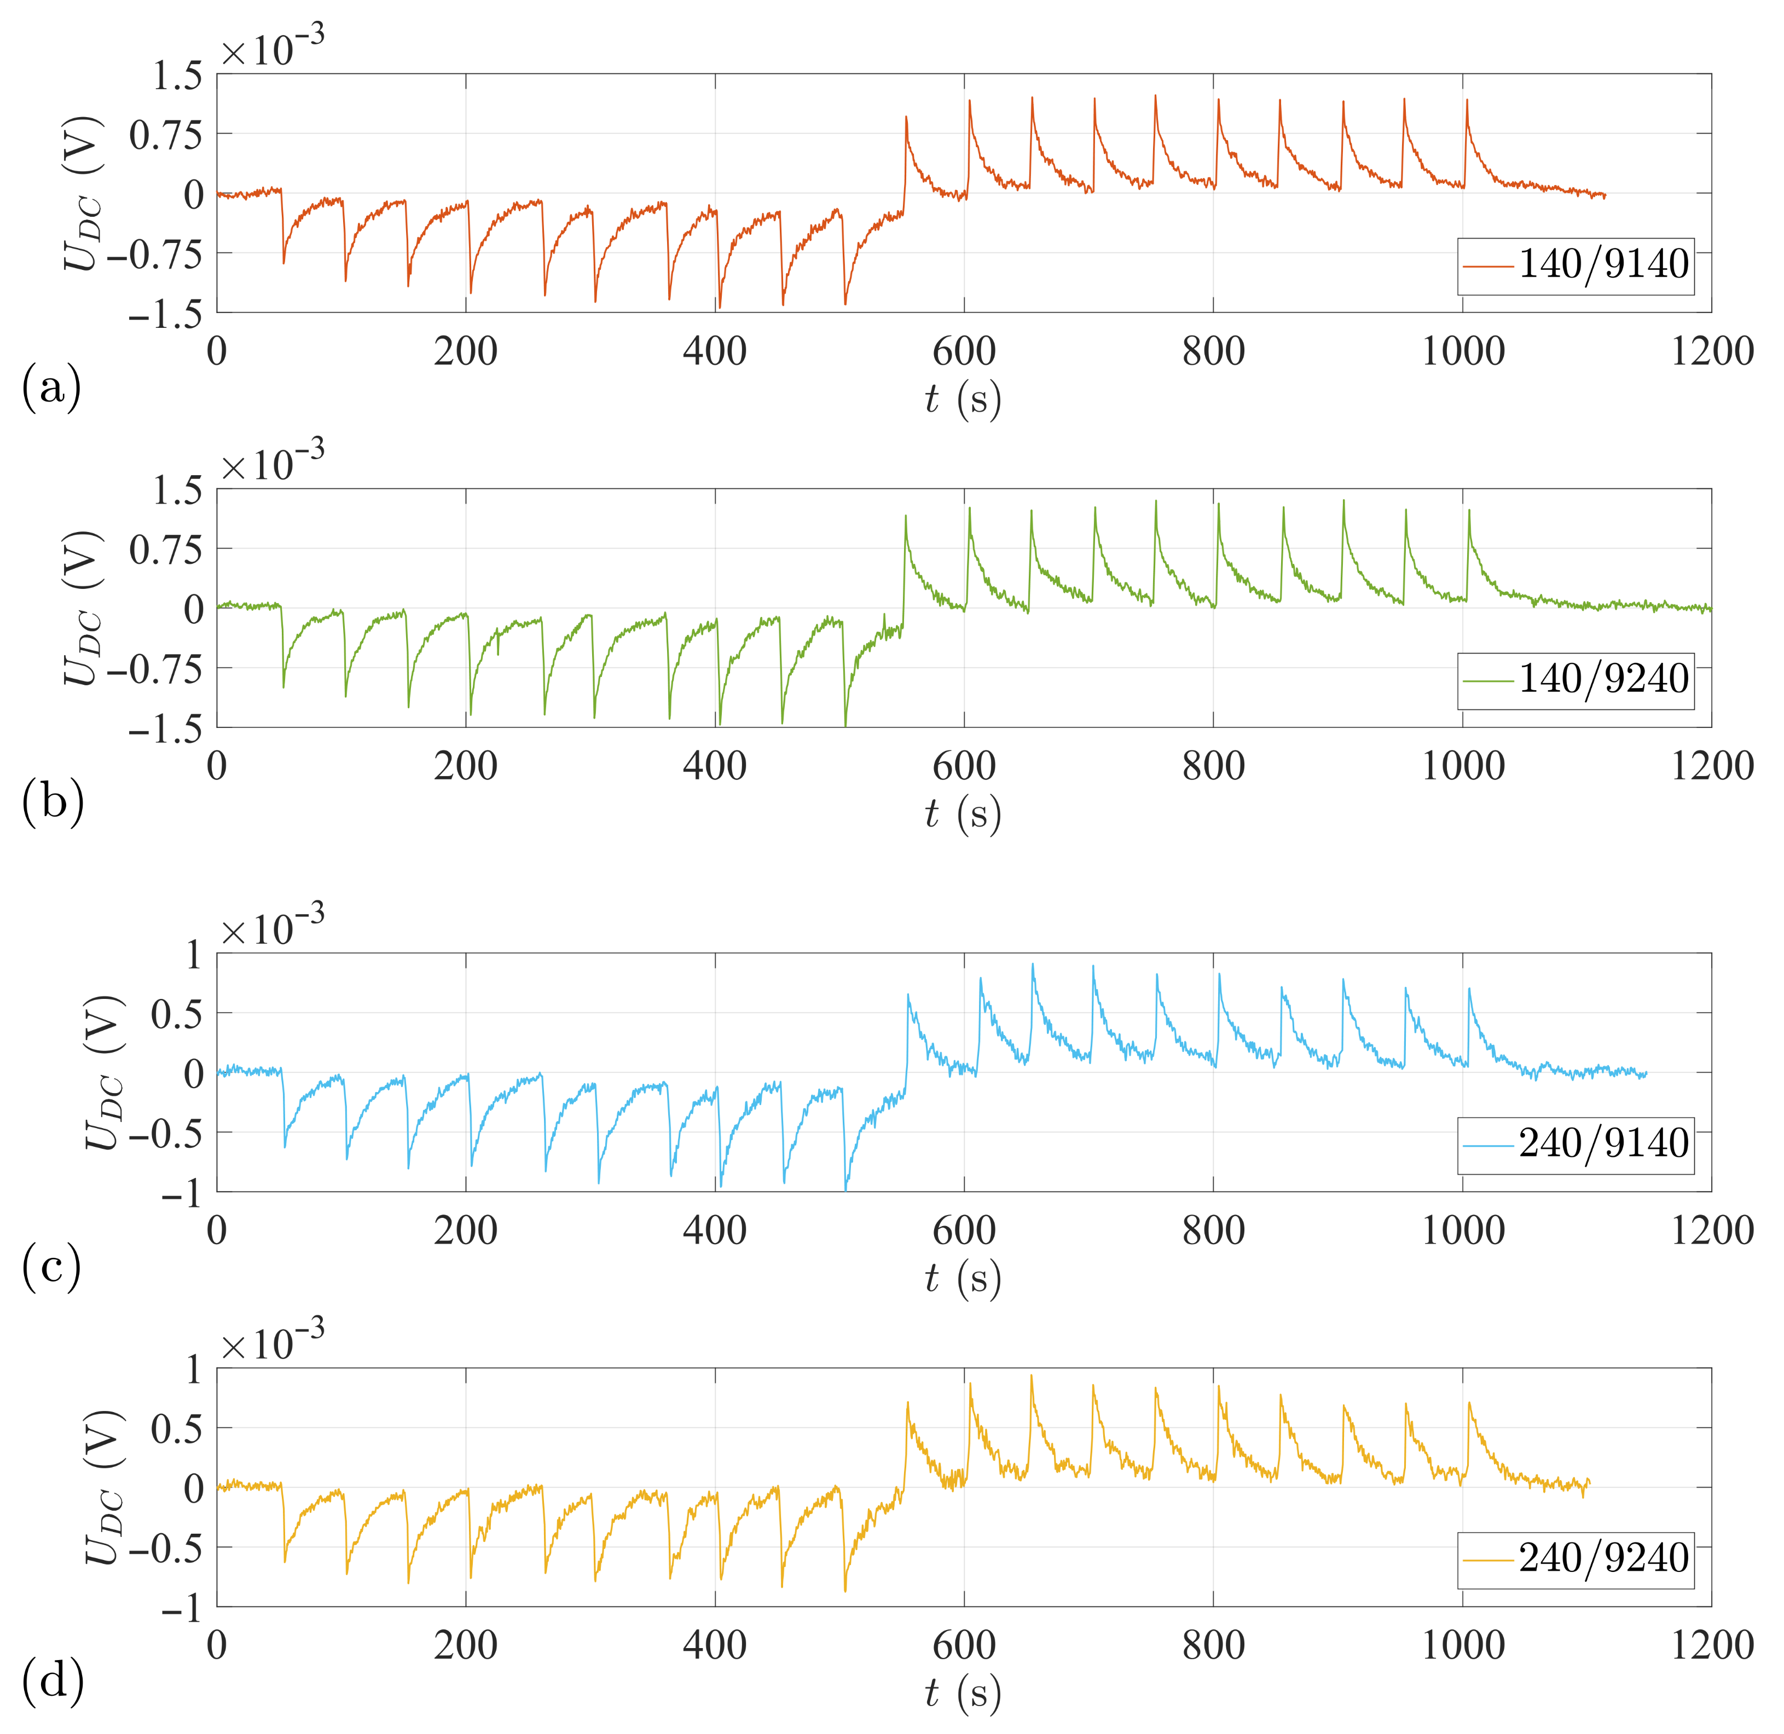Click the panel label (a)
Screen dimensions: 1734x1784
(51, 387)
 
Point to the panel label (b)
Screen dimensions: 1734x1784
(52, 801)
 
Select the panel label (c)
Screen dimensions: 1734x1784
(51, 1266)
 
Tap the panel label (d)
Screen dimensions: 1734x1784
(52, 1681)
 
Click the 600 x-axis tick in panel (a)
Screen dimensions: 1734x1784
(964, 351)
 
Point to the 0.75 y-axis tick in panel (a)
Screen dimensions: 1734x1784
(166, 135)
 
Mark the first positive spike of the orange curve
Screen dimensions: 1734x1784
(906, 117)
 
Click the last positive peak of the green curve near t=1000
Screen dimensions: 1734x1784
(1468, 510)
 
